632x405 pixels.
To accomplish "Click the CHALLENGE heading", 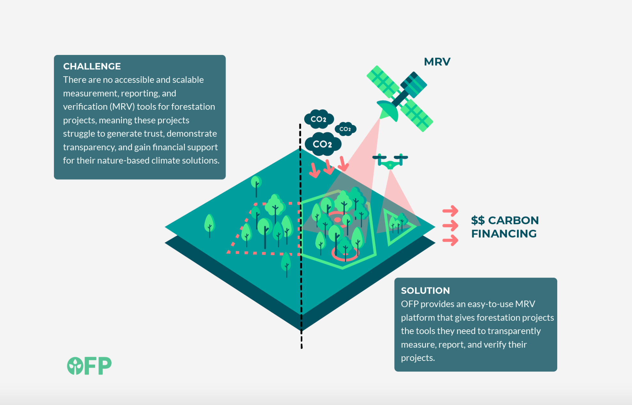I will (x=92, y=66).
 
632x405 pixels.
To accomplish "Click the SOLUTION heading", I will (x=425, y=290).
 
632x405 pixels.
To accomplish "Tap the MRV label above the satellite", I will (x=437, y=62).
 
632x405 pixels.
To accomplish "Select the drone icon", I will (x=390, y=161).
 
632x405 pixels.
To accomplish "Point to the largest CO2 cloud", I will (x=323, y=144).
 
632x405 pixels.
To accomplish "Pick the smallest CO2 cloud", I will (x=345, y=129).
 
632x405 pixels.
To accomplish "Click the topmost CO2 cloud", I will (x=319, y=119).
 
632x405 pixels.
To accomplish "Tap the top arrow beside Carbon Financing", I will (x=451, y=211).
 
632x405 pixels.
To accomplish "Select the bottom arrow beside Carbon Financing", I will (x=451, y=240).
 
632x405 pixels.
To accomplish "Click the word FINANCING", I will (x=504, y=234).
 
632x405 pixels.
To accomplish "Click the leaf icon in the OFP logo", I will (x=75, y=366).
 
